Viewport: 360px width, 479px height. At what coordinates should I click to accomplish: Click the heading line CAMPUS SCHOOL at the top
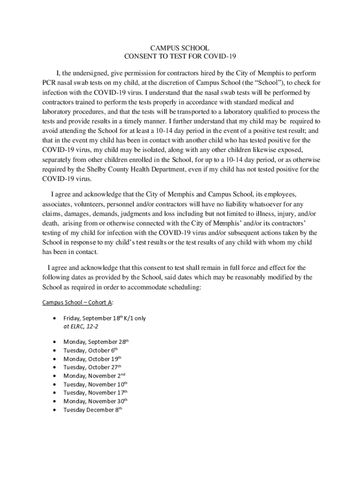(x=180, y=48)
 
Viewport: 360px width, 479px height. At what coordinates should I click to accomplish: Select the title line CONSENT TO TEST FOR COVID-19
(x=180, y=57)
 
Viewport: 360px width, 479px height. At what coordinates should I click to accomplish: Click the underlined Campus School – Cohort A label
(x=77, y=302)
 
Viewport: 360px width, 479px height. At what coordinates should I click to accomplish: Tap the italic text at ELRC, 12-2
(x=81, y=327)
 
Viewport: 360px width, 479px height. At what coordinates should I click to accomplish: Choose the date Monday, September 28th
(x=95, y=342)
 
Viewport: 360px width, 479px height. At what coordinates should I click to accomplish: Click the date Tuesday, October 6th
(x=90, y=350)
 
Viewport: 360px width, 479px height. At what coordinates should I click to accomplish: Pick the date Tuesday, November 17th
(x=95, y=392)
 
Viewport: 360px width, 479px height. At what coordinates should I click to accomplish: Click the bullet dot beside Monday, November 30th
(x=56, y=401)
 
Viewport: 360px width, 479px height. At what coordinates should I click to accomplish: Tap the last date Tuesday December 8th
(x=93, y=410)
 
